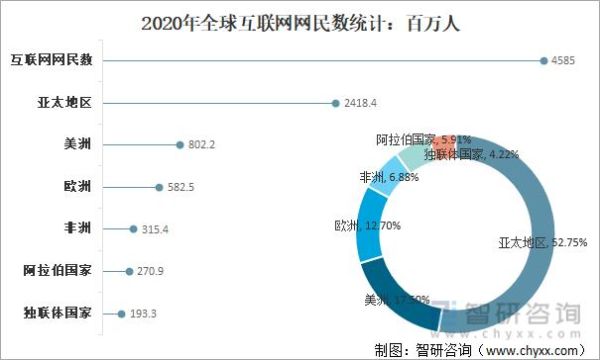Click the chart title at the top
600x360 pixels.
(x=300, y=22)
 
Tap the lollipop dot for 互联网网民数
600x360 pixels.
(x=543, y=60)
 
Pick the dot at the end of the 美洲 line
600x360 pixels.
(x=179, y=144)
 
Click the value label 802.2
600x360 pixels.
(x=201, y=144)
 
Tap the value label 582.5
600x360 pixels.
(x=180, y=186)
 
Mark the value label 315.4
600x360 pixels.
(x=155, y=228)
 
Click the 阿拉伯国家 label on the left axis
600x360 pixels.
(x=58, y=270)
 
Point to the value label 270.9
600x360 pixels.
(x=150, y=270)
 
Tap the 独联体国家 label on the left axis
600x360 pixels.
(x=58, y=312)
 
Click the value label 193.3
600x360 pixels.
(x=142, y=312)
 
